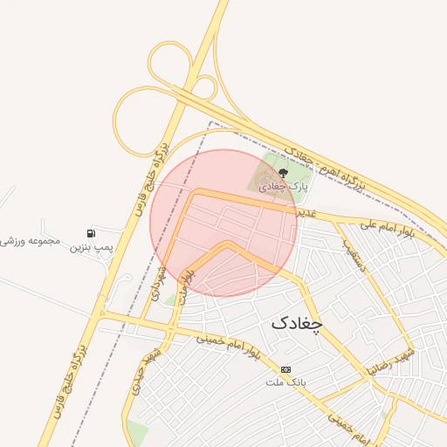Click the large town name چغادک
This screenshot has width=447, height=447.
296,322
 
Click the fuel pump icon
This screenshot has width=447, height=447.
91,233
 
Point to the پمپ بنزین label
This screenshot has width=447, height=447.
93,250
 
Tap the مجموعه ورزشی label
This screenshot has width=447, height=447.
31,239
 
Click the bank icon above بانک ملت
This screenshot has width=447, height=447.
286,369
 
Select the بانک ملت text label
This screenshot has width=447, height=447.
287,382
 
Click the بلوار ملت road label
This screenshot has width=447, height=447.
185,286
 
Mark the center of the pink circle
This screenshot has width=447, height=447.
223,223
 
